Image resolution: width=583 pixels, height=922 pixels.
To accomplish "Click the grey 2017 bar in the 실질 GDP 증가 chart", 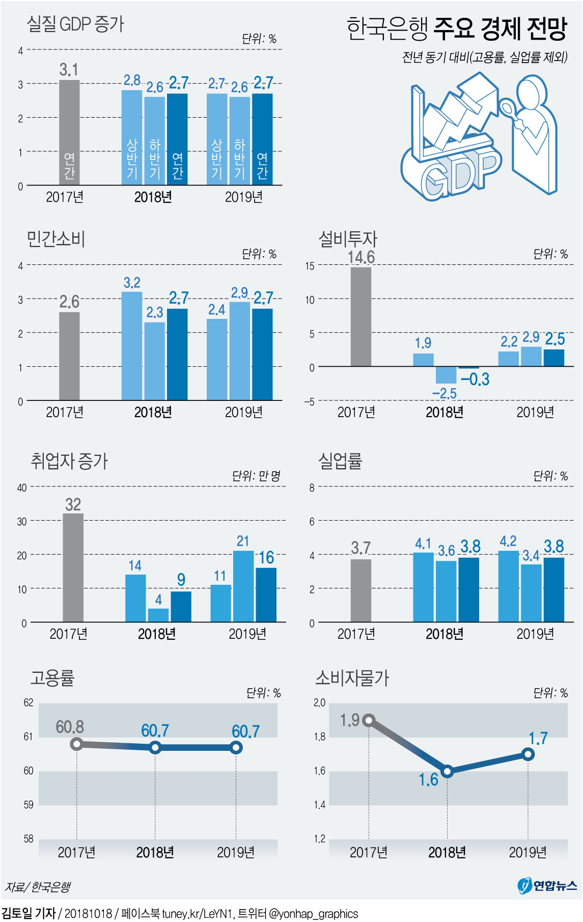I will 69,132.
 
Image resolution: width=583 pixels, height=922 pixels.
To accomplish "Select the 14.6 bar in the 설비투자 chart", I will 360,316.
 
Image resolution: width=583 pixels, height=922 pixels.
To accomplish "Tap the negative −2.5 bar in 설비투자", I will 446,375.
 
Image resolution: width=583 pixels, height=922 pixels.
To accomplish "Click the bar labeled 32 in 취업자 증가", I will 73,567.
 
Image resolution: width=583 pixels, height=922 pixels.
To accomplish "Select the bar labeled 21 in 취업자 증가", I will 243,586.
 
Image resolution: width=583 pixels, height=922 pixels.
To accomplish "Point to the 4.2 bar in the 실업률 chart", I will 508,586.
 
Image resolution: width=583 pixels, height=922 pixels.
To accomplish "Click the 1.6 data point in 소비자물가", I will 447,771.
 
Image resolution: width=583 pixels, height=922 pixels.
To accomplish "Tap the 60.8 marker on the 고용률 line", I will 76,744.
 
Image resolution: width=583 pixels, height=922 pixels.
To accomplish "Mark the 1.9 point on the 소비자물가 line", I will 369,720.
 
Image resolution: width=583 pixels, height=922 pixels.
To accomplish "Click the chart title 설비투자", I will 348,239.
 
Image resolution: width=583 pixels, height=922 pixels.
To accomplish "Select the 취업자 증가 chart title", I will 69,461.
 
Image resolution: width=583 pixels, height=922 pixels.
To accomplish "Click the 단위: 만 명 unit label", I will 256,476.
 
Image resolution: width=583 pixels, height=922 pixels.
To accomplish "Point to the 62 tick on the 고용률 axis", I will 29,703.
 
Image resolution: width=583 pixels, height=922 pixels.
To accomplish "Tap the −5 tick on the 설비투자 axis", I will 309,401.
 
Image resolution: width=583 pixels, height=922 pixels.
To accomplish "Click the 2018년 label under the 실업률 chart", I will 445,634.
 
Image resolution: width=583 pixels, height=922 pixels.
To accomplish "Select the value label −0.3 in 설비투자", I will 475,379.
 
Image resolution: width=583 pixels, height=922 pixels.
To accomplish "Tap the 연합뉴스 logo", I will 547,886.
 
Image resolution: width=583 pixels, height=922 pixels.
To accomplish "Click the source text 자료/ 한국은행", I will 38,887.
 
